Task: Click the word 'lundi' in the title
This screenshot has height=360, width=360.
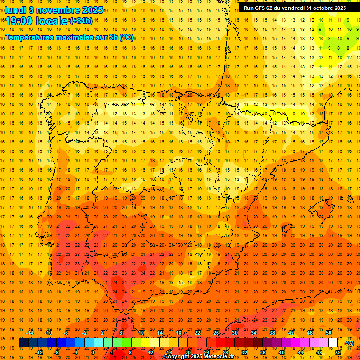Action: click(x=15, y=10)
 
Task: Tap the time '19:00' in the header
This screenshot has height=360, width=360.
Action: click(x=20, y=21)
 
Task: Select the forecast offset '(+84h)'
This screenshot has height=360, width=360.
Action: click(x=81, y=21)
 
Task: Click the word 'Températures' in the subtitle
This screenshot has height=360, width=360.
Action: click(x=31, y=37)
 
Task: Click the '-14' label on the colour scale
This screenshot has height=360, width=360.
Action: click(x=30, y=333)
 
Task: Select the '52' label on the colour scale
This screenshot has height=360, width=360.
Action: click(x=338, y=352)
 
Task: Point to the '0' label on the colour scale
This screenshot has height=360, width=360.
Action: click(x=93, y=352)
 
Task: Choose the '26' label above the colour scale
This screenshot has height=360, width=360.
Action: click(x=216, y=333)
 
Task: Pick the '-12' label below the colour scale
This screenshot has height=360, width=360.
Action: click(x=39, y=352)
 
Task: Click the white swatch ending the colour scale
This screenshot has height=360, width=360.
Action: click(x=333, y=343)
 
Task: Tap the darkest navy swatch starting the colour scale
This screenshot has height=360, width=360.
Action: click(x=23, y=343)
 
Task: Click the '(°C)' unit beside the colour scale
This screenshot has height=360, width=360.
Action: click(x=349, y=343)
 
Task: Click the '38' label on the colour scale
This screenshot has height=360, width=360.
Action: click(x=272, y=333)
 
